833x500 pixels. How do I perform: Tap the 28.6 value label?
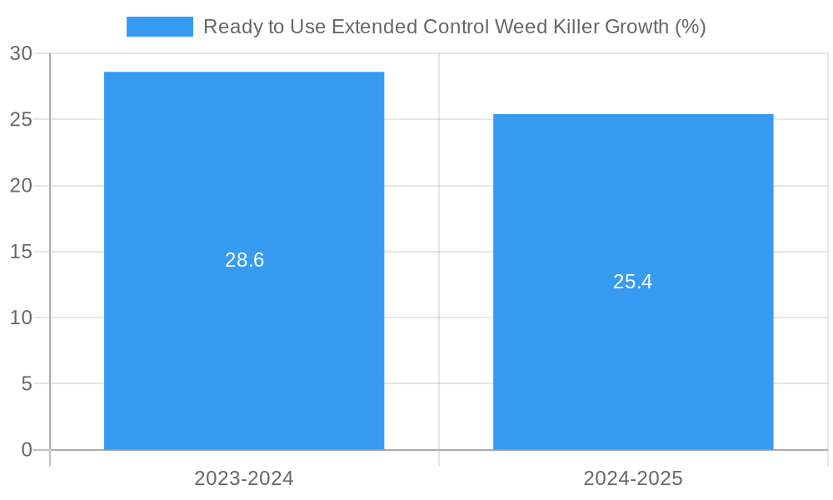pos(244,260)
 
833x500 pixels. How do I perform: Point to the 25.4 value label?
pos(633,282)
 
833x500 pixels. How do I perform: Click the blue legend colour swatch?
pos(159,27)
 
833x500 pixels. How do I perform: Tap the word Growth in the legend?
pos(637,27)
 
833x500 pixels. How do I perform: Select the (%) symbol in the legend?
pos(691,27)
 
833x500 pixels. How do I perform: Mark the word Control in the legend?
pos(456,27)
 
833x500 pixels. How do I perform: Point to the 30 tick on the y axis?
pos(21,53)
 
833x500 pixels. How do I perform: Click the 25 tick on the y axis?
pos(21,119)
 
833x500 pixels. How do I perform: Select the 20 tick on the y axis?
pos(21,186)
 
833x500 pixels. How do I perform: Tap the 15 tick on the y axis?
pos(21,252)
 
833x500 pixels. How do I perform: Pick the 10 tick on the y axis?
pos(21,317)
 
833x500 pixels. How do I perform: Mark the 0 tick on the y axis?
pos(26,450)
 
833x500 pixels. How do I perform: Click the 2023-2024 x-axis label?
pos(244,478)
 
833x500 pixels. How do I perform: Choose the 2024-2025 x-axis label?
pos(633,478)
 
